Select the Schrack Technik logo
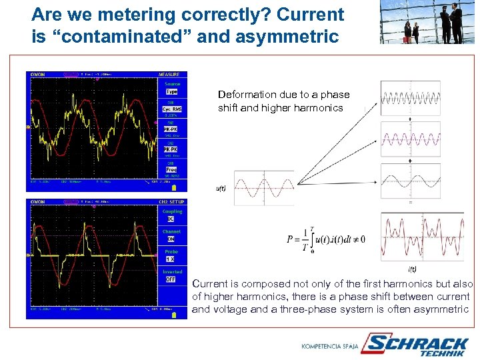[418, 345]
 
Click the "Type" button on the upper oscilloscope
[171, 91]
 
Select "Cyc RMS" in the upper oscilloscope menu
[171, 109]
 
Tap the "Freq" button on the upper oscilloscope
[171, 169]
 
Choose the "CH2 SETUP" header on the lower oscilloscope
[171, 201]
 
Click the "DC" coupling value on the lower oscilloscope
[171, 219]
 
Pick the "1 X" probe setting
[171, 259]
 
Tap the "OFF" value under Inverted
[171, 279]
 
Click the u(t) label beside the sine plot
[221, 189]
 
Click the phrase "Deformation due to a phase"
[283, 95]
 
